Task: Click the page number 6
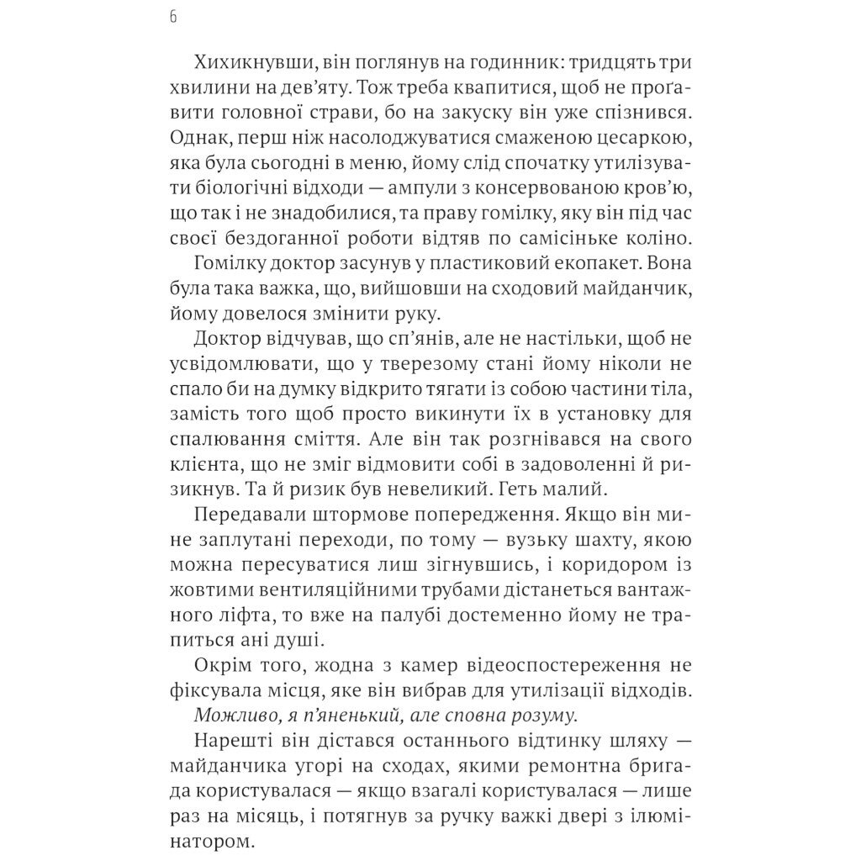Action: click(x=172, y=17)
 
